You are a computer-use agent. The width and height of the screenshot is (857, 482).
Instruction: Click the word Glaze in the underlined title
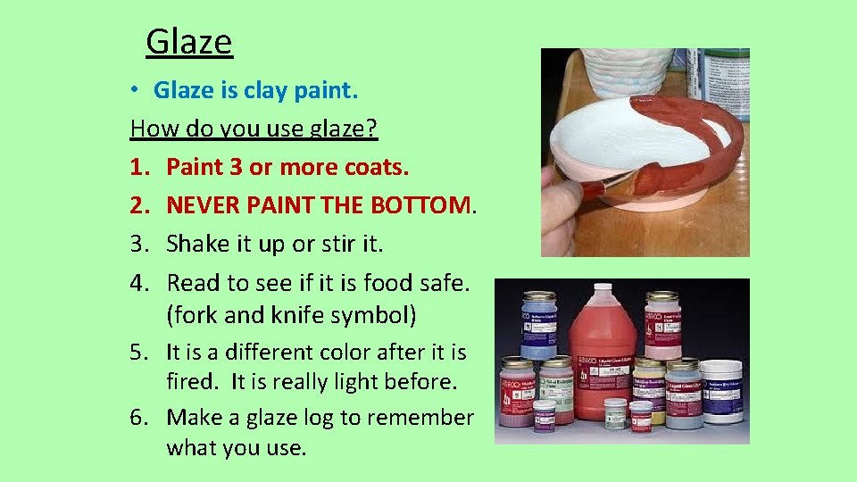(188, 42)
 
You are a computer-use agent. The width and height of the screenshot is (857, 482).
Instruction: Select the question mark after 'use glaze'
(373, 129)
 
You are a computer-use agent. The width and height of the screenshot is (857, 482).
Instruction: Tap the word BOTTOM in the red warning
(420, 205)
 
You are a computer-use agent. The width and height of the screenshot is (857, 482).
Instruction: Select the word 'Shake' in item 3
(196, 244)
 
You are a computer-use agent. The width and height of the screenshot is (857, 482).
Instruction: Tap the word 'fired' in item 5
(192, 382)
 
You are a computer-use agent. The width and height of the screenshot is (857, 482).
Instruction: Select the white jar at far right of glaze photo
(721, 391)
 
